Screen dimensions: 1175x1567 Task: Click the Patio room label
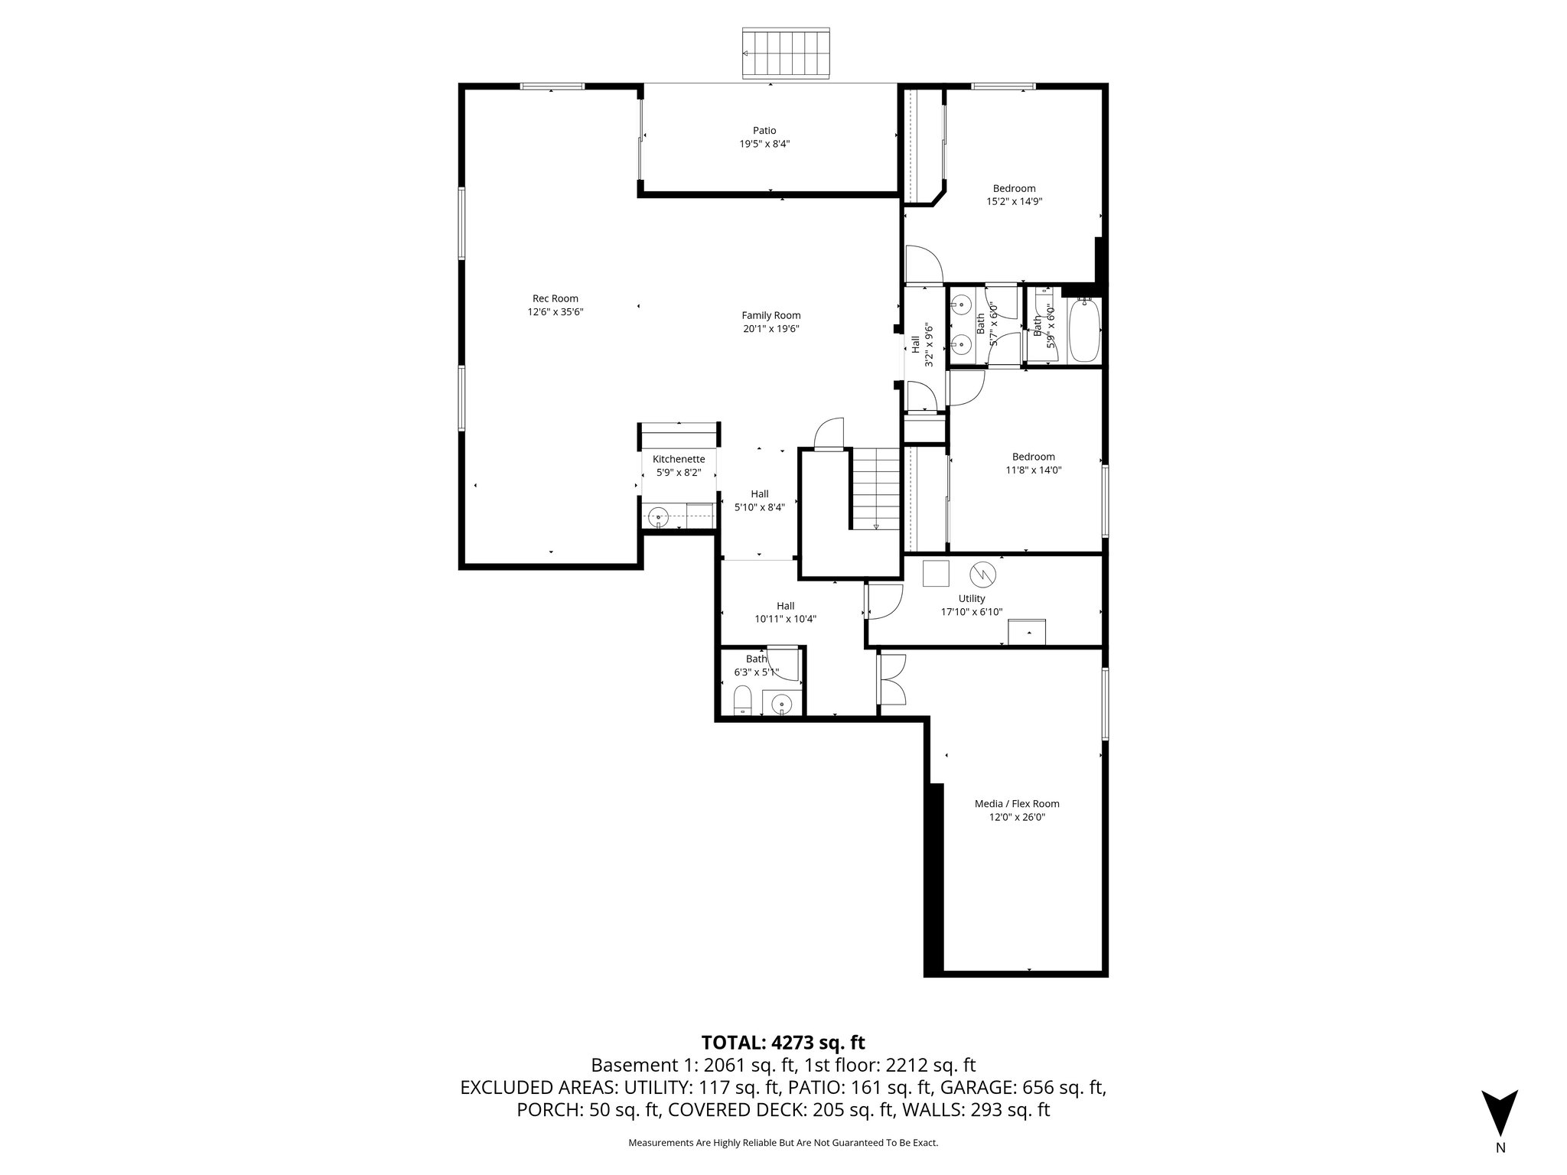tap(764, 131)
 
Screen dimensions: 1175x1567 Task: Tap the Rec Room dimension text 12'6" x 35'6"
tap(555, 312)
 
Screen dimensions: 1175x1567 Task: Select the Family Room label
tap(770, 315)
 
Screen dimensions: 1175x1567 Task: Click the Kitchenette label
tap(678, 459)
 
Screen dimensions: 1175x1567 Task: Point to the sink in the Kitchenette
tap(659, 519)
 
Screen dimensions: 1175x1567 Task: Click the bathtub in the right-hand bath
tap(1083, 331)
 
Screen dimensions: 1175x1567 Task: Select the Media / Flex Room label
tap(1016, 803)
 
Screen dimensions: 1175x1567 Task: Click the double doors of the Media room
tap(892, 680)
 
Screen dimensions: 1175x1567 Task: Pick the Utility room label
tap(972, 598)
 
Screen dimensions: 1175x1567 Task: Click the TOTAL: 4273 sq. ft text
tap(783, 1042)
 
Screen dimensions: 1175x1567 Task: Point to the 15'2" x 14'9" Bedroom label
tap(1014, 188)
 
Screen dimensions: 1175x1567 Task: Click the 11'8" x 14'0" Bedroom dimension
tap(1033, 470)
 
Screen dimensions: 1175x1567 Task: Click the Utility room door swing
tap(884, 601)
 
